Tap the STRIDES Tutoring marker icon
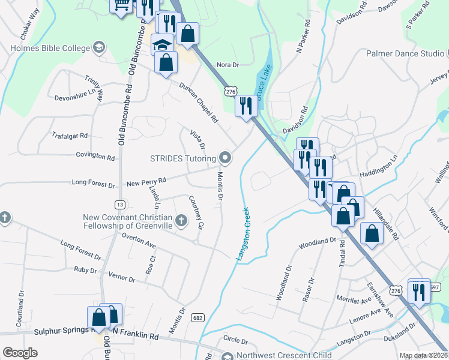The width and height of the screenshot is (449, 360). point(226,158)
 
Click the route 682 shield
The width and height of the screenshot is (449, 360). point(197,317)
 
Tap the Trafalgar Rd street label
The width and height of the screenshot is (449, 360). point(70,136)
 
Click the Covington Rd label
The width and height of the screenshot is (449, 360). point(95,157)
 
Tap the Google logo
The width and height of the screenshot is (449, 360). point(20,353)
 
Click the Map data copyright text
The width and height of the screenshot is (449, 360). point(423,355)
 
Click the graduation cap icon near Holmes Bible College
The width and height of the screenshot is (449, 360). point(162,44)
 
